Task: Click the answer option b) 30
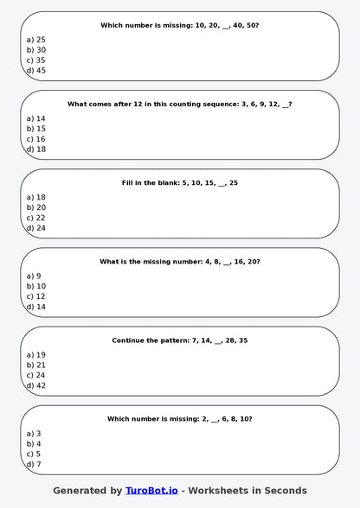pos(36,50)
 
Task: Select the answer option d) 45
pos(36,71)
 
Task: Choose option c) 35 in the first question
pos(36,60)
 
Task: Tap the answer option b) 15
pos(36,129)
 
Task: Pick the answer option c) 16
pos(36,139)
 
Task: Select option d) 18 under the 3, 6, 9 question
pos(36,149)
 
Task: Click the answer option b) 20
pos(36,207)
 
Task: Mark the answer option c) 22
pos(36,218)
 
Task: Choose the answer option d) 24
pos(36,228)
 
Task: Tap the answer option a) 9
pos(34,276)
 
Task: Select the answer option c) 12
pos(36,296)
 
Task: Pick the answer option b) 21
pos(36,365)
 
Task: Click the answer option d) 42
pos(36,385)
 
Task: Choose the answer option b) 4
pos(34,444)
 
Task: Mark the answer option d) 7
pos(34,464)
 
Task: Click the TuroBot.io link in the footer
pos(151,491)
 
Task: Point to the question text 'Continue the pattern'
pos(180,340)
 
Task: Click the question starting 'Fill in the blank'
pos(180,183)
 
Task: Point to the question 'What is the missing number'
pos(180,262)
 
